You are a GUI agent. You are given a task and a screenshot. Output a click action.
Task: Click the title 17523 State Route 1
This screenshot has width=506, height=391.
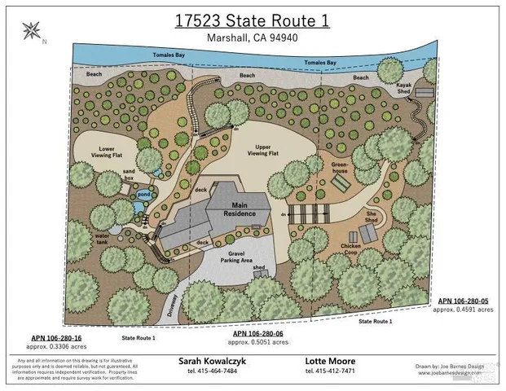[x=253, y=20]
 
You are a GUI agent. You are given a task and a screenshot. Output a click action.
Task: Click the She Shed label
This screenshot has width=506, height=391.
[x=371, y=217]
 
